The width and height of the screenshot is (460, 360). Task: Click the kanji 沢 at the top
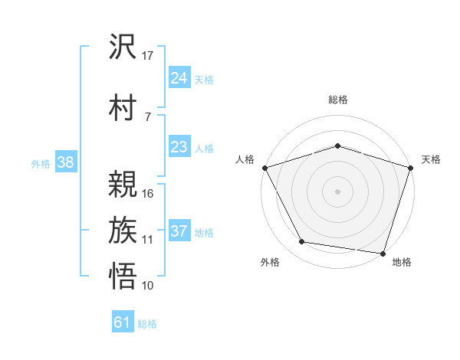(123, 47)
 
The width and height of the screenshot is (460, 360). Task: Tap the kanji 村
(123, 106)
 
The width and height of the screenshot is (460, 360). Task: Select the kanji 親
(123, 184)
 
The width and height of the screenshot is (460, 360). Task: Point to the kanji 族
(123, 230)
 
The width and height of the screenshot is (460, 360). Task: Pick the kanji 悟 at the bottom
(123, 276)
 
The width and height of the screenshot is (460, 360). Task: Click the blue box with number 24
(179, 78)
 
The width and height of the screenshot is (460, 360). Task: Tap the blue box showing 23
(179, 147)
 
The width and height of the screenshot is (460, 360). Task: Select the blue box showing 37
(179, 231)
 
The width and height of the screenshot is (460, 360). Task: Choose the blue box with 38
(66, 162)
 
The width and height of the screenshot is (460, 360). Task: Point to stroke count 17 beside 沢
(148, 56)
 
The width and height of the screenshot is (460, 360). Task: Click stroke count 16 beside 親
(148, 194)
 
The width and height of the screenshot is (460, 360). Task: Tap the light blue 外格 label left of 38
(41, 163)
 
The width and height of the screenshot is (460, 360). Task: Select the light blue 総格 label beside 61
(147, 324)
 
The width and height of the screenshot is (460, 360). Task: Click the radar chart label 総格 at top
(337, 100)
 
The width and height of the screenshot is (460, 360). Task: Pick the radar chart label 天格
(432, 159)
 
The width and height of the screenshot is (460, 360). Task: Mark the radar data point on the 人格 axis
(264, 167)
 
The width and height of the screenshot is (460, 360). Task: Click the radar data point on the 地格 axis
(383, 253)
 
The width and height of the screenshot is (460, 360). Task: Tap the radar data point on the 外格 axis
(302, 242)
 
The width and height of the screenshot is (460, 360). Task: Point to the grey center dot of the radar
(337, 191)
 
